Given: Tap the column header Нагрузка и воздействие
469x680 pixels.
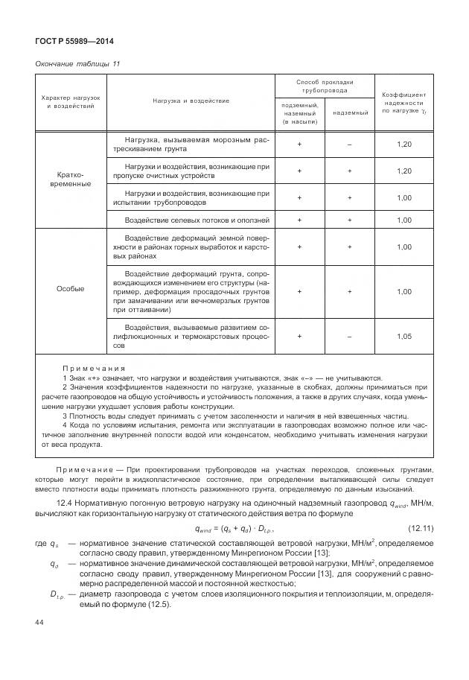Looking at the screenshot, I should coord(191,100).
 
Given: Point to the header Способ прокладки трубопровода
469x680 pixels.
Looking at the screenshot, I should coord(324,86).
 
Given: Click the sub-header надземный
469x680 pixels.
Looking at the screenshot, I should coord(349,112).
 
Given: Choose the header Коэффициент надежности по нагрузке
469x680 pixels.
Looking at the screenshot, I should coord(403,103).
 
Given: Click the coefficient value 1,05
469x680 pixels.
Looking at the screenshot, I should coord(403,336).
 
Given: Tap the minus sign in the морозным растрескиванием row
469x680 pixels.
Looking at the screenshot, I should coord(349,144).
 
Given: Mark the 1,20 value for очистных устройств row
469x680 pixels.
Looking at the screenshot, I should coord(403,171).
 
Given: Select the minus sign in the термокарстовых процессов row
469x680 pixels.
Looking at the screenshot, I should coord(349,336).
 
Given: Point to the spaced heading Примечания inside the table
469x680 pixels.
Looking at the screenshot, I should coord(94,368).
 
